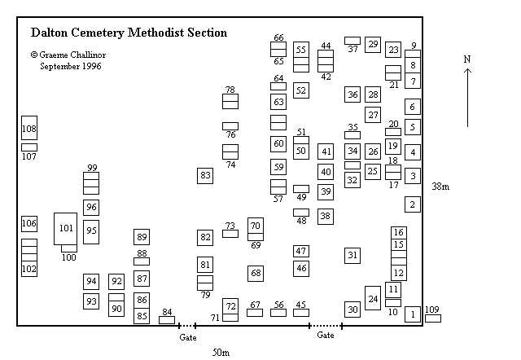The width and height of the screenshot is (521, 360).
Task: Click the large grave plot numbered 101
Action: point(66,228)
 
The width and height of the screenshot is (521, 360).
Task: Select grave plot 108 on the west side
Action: point(29,129)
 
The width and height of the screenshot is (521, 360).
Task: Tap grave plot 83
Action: point(205,175)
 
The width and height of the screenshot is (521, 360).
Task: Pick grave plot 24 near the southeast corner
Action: point(373,299)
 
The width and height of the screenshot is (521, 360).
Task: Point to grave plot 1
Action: point(413,314)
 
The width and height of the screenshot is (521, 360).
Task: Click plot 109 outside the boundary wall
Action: point(432,318)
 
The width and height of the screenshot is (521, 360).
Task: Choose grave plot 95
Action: point(91,231)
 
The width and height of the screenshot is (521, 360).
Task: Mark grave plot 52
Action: point(301,90)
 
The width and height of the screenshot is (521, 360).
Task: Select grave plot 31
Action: point(352,255)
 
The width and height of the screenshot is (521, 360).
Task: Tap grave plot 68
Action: point(256,273)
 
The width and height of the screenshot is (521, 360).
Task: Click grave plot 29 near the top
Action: point(373,45)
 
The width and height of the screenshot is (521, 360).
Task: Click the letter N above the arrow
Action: point(467,59)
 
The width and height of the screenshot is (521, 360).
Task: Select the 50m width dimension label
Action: point(221,352)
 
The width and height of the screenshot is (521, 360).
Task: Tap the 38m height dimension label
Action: point(440,187)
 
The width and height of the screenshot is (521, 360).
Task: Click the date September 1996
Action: point(71,66)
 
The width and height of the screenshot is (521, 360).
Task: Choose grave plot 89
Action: point(142,237)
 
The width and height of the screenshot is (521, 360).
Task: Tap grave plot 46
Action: point(301,267)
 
